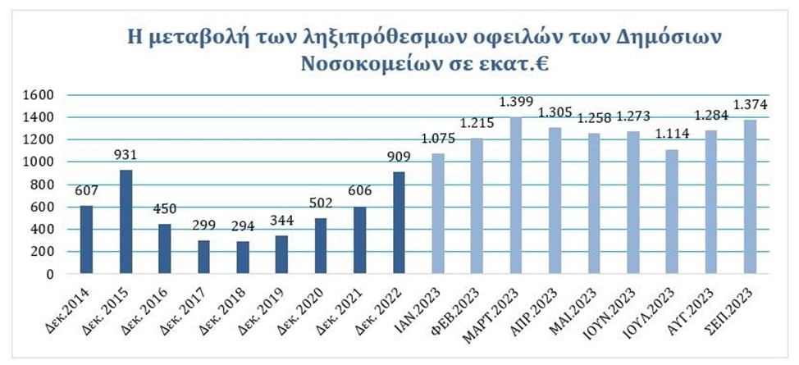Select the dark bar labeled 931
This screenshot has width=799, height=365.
coord(126,221)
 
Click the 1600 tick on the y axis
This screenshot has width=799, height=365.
coord(38,95)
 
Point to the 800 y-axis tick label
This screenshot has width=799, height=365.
coord(41,185)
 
